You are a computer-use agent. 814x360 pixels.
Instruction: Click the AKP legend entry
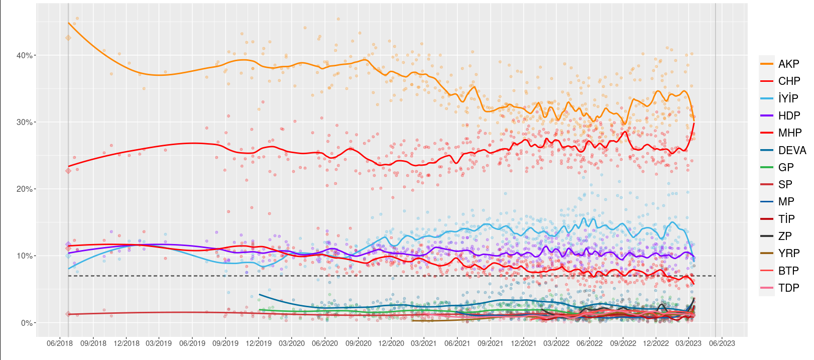[788, 64]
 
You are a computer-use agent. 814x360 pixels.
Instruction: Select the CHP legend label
[789, 81]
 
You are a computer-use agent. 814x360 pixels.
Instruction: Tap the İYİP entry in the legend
[788, 98]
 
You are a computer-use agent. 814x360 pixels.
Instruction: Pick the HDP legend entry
[789, 115]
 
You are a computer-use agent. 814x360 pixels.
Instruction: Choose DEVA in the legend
[792, 150]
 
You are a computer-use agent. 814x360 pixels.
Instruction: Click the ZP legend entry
[785, 236]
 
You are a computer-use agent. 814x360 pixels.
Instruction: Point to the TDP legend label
[788, 288]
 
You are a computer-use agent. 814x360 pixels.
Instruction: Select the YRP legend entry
[788, 254]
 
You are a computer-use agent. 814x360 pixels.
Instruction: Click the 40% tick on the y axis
[25, 55]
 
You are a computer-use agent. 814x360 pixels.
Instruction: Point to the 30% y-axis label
[25, 122]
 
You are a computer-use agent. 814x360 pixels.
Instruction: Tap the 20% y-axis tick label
[25, 189]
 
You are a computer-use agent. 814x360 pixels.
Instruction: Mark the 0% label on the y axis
[27, 323]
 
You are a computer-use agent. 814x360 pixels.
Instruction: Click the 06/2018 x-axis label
[60, 343]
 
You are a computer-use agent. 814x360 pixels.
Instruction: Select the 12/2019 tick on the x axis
[259, 343]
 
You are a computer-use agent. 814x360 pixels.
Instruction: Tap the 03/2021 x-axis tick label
[424, 343]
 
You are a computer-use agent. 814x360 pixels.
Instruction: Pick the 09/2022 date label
[623, 343]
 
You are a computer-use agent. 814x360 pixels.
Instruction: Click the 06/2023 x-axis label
[722, 343]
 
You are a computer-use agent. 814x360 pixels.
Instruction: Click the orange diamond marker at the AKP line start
[68, 38]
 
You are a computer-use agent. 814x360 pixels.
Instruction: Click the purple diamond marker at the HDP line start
[68, 245]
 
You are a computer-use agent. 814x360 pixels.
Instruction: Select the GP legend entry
[786, 167]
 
